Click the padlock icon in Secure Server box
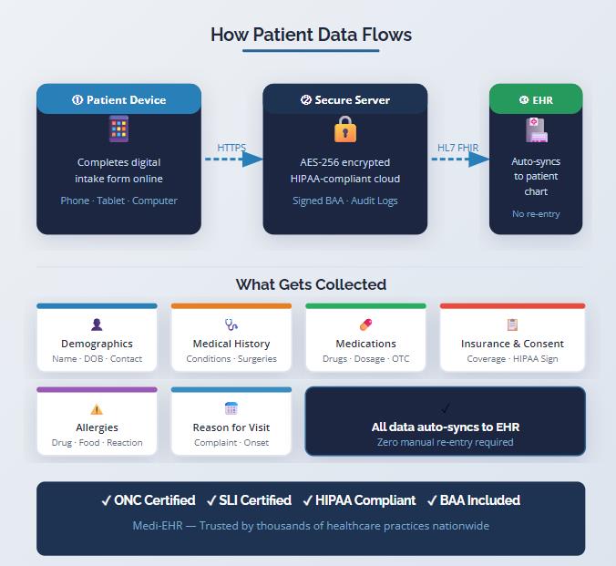tap(344, 130)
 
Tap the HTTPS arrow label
tap(231, 148)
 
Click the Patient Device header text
tap(118, 99)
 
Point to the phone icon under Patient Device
tap(118, 129)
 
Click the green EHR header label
tap(536, 99)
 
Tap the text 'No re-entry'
tap(536, 214)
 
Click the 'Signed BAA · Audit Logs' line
tap(344, 201)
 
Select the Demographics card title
tap(97, 344)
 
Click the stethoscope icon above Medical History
tap(231, 324)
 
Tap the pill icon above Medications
tap(365, 324)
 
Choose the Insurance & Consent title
tap(512, 344)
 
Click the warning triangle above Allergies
tap(97, 409)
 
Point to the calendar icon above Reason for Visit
tap(231, 408)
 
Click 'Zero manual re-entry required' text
tap(445, 442)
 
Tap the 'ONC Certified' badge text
tap(149, 500)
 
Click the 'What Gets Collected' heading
tap(311, 284)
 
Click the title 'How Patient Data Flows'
tap(311, 36)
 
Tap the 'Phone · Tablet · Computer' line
tap(118, 201)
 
